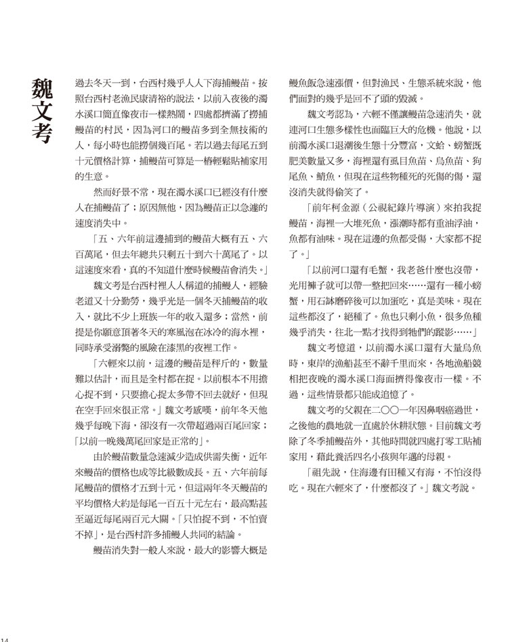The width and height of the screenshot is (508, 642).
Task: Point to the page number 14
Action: pos(4,638)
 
